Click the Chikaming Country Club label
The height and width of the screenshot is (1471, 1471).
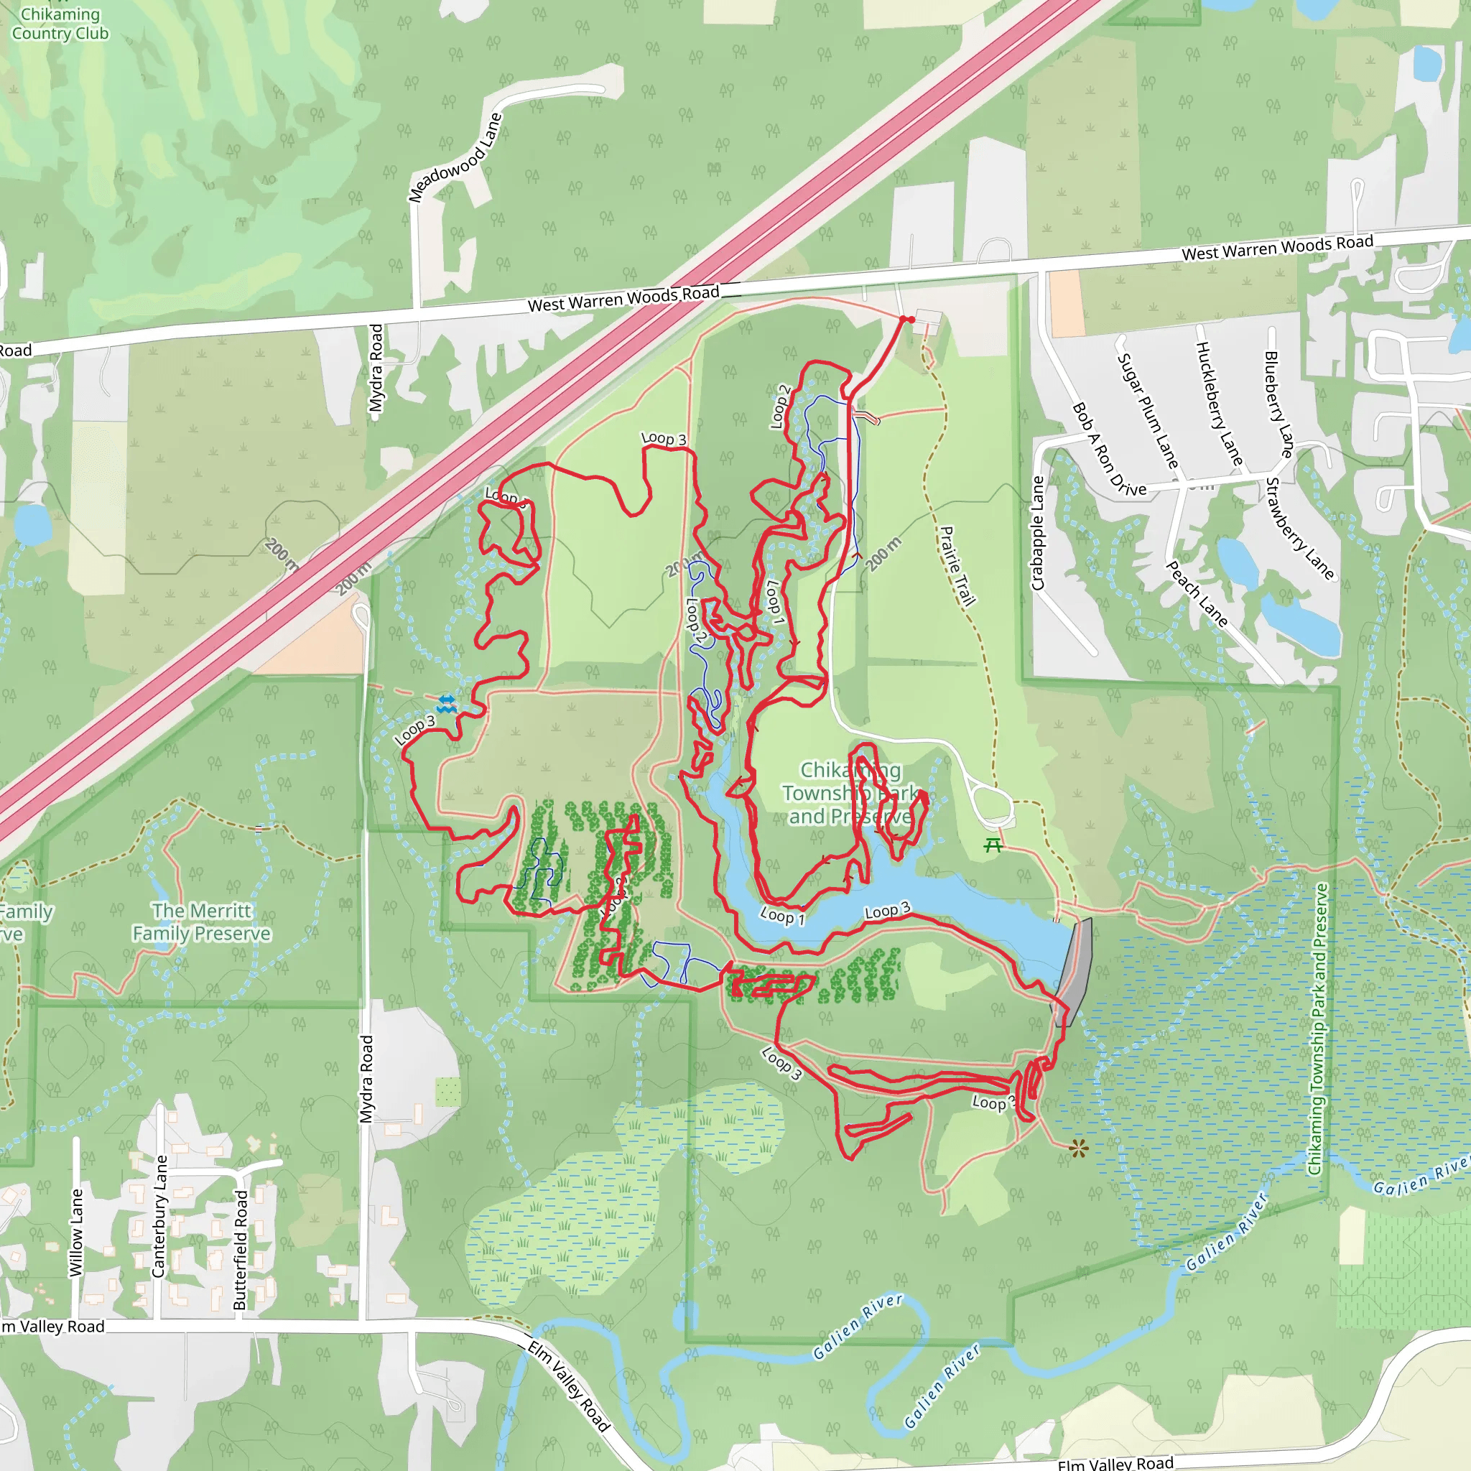point(60,24)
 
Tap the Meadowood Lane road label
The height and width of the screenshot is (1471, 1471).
point(455,157)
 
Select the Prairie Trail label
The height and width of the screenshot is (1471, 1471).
point(957,566)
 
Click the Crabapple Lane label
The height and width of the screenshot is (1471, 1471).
point(1037,533)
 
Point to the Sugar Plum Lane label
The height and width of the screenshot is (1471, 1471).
point(1147,411)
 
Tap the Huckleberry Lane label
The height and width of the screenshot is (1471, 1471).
point(1219,404)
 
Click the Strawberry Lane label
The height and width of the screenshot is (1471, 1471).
point(1299,529)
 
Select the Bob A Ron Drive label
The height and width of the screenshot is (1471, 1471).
point(1108,449)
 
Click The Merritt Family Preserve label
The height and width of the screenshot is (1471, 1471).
point(201,922)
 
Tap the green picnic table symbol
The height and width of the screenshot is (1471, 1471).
point(992,845)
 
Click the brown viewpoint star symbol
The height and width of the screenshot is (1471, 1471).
point(1078,1149)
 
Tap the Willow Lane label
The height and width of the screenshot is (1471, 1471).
point(76,1233)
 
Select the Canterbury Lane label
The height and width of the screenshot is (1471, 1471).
point(159,1216)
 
